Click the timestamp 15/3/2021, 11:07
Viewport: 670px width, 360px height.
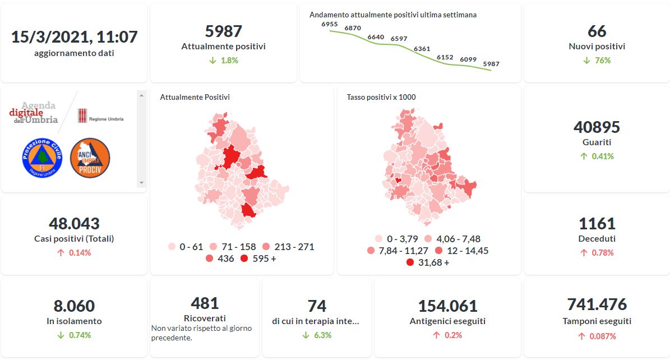(x=74, y=37)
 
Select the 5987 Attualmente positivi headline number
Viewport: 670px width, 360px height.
(x=223, y=31)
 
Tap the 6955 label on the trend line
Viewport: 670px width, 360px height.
(x=330, y=24)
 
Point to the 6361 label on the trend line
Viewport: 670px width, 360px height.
(x=422, y=49)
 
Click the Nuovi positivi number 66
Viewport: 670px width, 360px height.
(x=597, y=31)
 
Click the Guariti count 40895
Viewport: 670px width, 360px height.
(x=597, y=127)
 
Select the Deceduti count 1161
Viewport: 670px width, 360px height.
(x=597, y=224)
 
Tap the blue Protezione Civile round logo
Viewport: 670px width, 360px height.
(x=40, y=158)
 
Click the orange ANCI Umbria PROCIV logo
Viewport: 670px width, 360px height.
(x=90, y=158)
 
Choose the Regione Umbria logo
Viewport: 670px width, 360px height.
(x=100, y=116)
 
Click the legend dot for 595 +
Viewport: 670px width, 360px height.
(x=244, y=259)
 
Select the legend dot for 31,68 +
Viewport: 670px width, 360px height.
(x=410, y=262)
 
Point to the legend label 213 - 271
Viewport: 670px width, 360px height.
(x=294, y=247)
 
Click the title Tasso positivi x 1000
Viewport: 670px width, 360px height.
(x=381, y=98)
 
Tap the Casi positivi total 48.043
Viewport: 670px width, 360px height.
(x=74, y=224)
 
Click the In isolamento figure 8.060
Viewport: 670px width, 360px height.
(x=74, y=306)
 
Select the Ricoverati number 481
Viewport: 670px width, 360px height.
(x=205, y=303)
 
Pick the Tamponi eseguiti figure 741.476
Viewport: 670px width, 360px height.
(x=597, y=304)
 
